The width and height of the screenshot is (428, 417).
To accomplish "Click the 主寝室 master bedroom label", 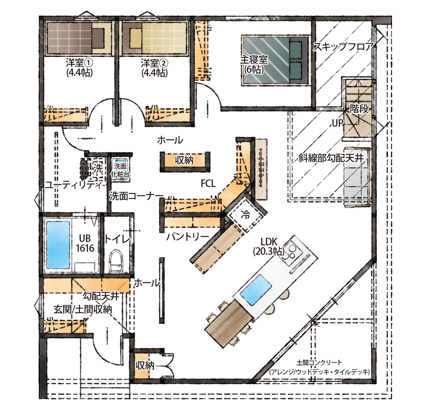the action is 254,60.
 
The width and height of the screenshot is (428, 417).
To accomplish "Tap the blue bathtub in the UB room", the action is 58,245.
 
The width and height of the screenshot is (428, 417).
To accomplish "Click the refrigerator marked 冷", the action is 246,215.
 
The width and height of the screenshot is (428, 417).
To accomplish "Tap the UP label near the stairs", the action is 338,123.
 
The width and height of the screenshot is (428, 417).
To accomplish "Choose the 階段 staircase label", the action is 359,108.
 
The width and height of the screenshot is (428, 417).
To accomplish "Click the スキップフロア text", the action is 343,47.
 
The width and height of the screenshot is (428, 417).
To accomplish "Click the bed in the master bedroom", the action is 275,60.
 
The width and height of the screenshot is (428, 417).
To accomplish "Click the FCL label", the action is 208,183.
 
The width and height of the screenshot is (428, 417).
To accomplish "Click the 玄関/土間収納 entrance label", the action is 83,309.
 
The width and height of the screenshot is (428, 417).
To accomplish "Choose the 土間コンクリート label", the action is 319,363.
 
